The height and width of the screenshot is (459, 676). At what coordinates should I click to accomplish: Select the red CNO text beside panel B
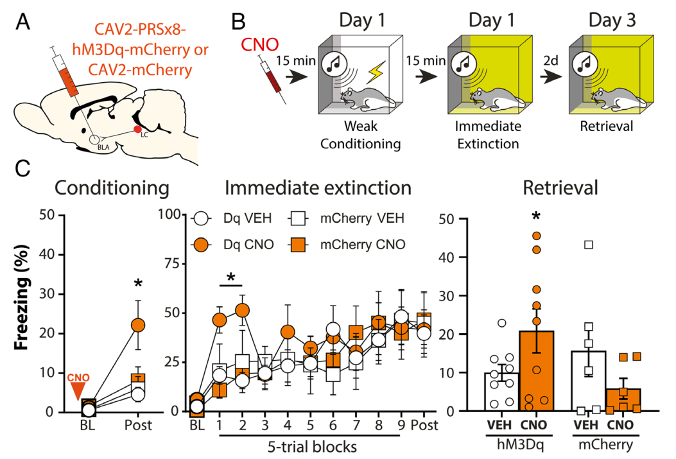(256, 45)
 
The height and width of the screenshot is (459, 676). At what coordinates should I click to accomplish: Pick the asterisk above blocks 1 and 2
(232, 277)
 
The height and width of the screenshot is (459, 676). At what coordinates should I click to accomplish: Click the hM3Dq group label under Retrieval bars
(517, 444)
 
